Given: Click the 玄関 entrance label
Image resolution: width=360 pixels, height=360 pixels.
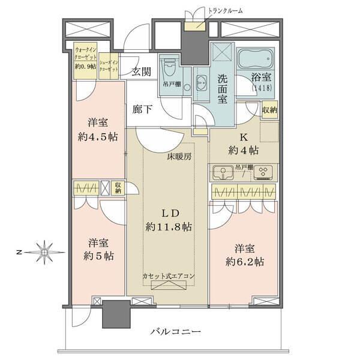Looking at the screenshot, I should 141,72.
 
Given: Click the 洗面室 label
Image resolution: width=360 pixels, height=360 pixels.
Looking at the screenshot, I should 221,89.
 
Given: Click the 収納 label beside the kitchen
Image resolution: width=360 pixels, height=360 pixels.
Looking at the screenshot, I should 269,109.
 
